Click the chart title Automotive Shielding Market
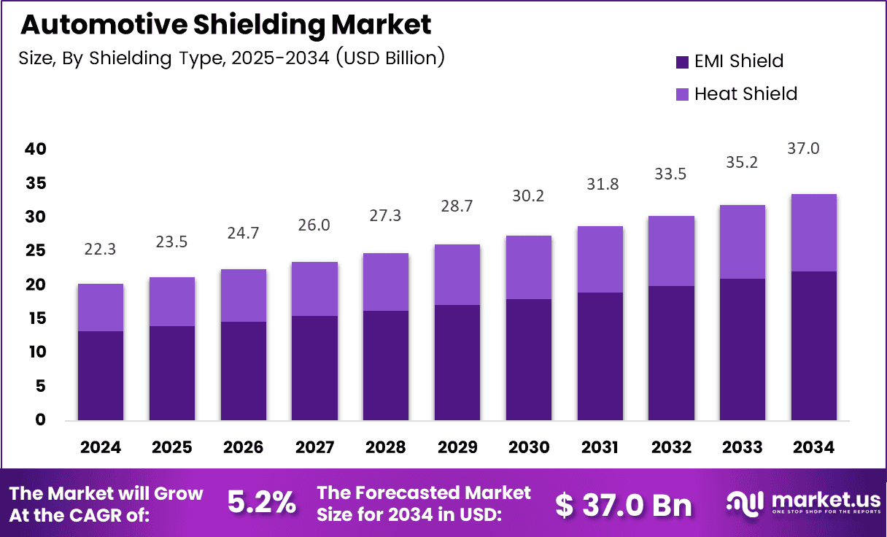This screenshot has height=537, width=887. pyautogui.click(x=225, y=25)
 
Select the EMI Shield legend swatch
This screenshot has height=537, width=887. pyautogui.click(x=682, y=62)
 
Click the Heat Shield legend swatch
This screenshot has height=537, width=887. pyautogui.click(x=682, y=94)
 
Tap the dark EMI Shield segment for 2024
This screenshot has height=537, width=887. pyautogui.click(x=101, y=376)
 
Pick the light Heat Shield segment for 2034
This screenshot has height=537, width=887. pyautogui.click(x=813, y=233)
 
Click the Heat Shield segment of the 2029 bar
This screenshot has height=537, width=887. pyautogui.click(x=457, y=274)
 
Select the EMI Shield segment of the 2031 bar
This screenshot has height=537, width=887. pyautogui.click(x=600, y=356)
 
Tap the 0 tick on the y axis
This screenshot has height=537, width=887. pyautogui.click(x=39, y=420)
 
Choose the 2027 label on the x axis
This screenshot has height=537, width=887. pyautogui.click(x=314, y=447)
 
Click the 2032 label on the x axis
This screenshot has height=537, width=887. pyautogui.click(x=672, y=447)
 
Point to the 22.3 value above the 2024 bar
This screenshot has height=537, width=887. pyautogui.click(x=101, y=250)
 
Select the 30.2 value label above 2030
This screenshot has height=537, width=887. pyautogui.click(x=529, y=196)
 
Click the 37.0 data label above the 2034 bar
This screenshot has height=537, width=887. pyautogui.click(x=813, y=149)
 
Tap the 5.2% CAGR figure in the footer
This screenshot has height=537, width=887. pyautogui.click(x=262, y=503)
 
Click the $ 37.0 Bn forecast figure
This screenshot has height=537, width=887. pyautogui.click(x=623, y=504)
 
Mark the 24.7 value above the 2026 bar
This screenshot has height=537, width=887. pyautogui.click(x=243, y=233)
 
